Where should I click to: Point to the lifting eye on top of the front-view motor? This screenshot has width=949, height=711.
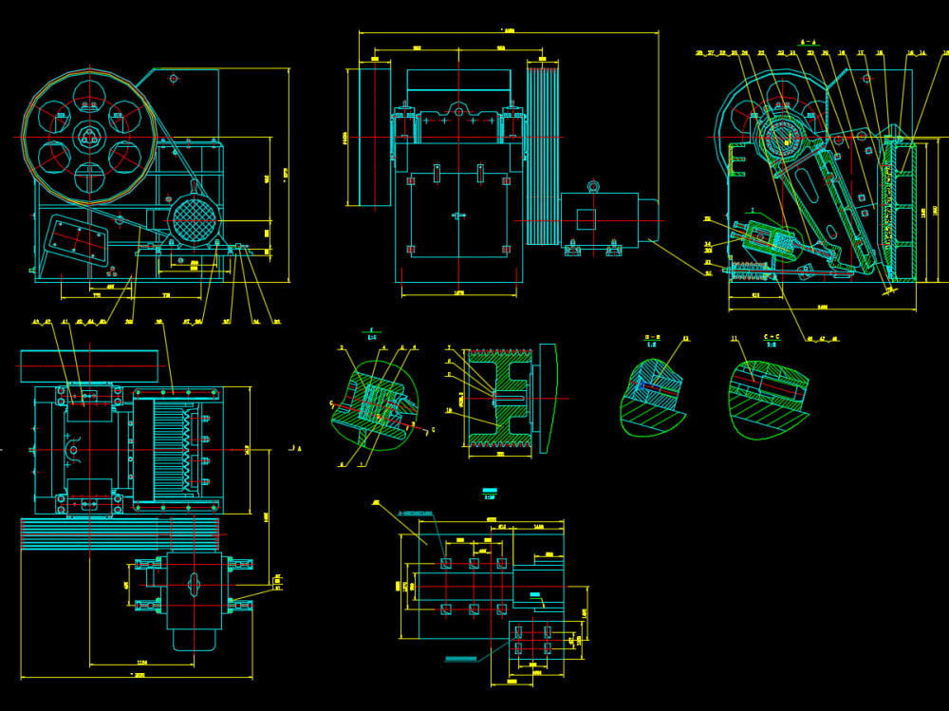[593, 185]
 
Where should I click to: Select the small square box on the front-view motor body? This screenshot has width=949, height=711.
[586, 219]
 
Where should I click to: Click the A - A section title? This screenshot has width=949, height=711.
[809, 43]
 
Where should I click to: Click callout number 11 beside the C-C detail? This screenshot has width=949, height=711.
[734, 338]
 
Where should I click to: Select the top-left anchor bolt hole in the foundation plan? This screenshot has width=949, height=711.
[445, 564]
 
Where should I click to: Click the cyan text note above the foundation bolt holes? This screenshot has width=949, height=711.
[415, 513]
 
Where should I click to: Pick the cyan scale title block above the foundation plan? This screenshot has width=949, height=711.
[490, 492]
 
